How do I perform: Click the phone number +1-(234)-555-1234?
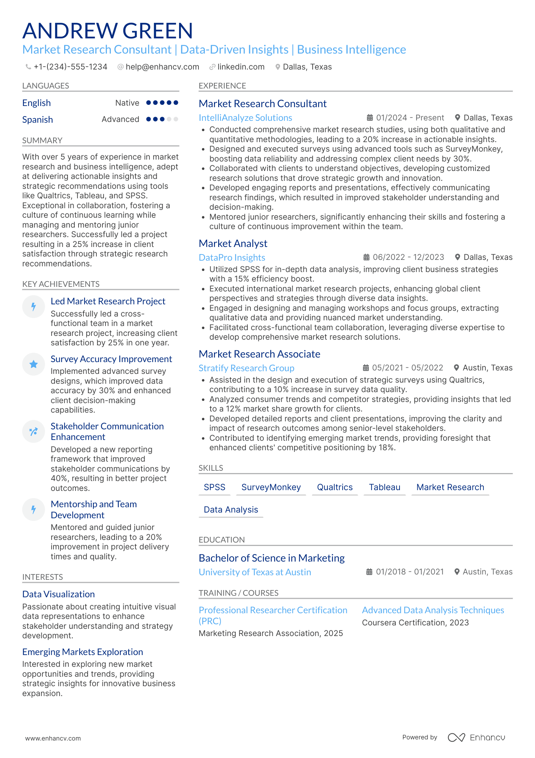click(x=70, y=67)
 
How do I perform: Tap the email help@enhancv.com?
click(x=162, y=67)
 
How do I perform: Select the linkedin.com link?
click(x=241, y=67)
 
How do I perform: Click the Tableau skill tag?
click(x=384, y=487)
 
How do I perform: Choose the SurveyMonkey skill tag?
click(x=271, y=487)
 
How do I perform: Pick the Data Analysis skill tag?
click(x=231, y=510)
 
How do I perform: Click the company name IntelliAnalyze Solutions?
click(x=245, y=118)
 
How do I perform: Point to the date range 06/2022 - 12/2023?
click(x=408, y=257)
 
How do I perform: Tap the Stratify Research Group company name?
click(x=246, y=368)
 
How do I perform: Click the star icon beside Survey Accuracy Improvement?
click(x=33, y=364)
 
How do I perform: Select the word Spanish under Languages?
click(x=38, y=120)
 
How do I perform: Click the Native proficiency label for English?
click(x=127, y=103)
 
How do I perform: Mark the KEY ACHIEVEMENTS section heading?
click(x=61, y=284)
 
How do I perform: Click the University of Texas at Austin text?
click(x=255, y=572)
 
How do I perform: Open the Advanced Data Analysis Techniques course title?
click(x=433, y=610)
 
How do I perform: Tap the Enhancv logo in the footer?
click(x=476, y=737)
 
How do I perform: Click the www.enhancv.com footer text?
click(x=53, y=738)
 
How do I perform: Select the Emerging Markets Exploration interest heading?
click(x=83, y=652)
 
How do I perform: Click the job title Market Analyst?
click(x=233, y=244)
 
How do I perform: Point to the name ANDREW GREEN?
click(x=108, y=31)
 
